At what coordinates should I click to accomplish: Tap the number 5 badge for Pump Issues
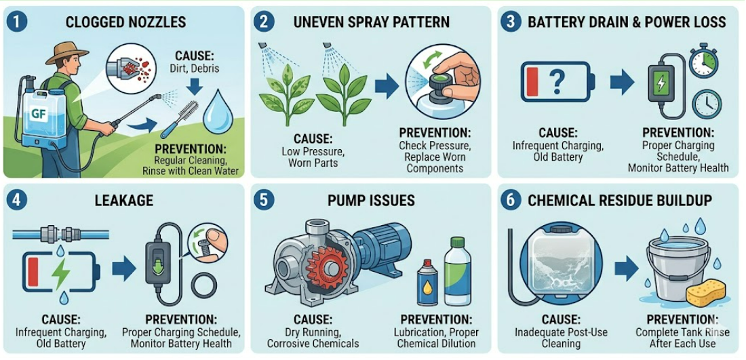265,200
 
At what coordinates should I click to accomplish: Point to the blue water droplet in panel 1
219,111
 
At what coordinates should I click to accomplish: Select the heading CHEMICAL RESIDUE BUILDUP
619,201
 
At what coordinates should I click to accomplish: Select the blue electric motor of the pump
382,245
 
